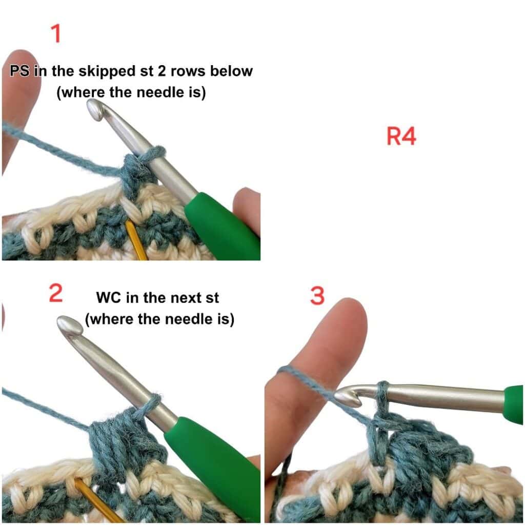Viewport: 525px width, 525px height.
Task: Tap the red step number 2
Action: point(55,293)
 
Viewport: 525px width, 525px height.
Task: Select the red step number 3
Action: point(317,296)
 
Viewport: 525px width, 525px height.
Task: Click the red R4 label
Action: point(401,136)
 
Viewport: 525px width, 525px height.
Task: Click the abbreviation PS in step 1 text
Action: point(20,71)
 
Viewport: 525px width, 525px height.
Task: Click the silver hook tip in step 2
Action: point(69,325)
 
